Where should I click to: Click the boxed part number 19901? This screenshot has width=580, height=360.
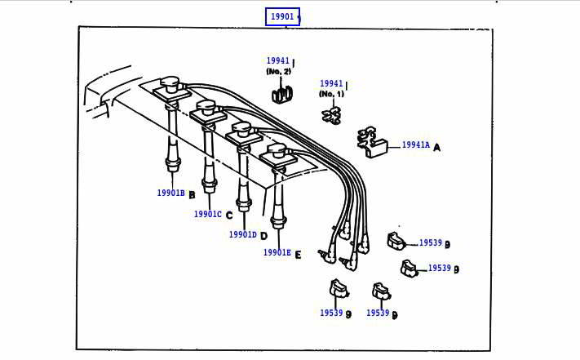coord(282,16)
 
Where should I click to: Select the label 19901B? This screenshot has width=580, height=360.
coord(170,193)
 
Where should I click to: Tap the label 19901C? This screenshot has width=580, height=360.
coord(207,215)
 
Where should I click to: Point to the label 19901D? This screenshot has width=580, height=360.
coord(242,235)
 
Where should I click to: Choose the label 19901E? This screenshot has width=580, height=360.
coord(277,253)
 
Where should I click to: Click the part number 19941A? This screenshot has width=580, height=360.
coord(415,145)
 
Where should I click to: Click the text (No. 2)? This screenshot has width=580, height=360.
coord(278,72)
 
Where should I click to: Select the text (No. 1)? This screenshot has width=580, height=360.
coord(331,94)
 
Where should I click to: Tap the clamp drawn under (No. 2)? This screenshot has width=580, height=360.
coord(281,93)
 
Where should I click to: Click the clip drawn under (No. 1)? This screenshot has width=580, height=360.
coord(332,115)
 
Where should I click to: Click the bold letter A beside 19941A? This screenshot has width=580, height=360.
coord(437,148)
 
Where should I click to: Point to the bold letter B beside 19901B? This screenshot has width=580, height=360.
coord(192,195)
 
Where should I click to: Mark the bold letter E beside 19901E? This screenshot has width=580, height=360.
coord(298,255)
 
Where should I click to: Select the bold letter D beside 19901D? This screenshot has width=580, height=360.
coord(263,236)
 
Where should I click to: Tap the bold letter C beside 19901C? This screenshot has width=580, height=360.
coord(229,216)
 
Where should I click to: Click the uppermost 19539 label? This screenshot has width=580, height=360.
coord(430,243)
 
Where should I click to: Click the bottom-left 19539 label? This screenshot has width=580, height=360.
coord(331,313)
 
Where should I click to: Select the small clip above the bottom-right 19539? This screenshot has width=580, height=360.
coord(379,291)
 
